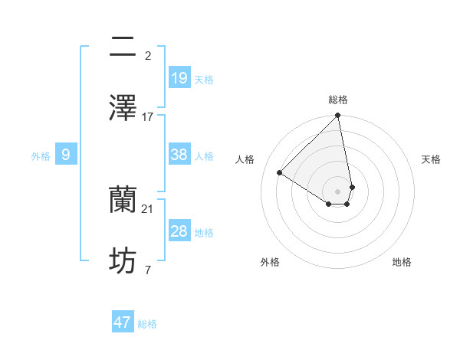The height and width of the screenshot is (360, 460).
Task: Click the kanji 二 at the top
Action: pyautogui.click(x=123, y=47)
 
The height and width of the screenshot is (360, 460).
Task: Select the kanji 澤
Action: pyautogui.click(x=123, y=108)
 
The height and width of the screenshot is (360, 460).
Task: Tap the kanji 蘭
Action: pyautogui.click(x=123, y=200)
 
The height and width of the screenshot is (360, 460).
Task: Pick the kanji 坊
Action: pyautogui.click(x=123, y=261)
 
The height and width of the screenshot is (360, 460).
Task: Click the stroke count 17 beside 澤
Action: pyautogui.click(x=148, y=116)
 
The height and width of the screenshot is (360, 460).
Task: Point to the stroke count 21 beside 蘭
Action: pyautogui.click(x=148, y=208)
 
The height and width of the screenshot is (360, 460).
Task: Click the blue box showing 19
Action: pyautogui.click(x=179, y=77)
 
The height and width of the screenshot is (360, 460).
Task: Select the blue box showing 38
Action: pyautogui.click(x=179, y=155)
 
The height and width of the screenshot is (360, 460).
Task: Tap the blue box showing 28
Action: pyautogui.click(x=179, y=231)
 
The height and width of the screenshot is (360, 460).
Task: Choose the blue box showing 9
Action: pyautogui.click(x=66, y=155)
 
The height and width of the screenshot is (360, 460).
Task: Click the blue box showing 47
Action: pyautogui.click(x=123, y=322)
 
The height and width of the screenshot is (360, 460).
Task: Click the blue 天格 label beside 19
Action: pyautogui.click(x=204, y=79)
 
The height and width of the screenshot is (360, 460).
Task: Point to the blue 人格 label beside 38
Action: pyautogui.click(x=204, y=156)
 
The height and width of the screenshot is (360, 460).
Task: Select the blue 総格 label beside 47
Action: pyautogui.click(x=147, y=324)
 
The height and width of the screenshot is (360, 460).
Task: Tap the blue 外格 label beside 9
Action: pyautogui.click(x=41, y=156)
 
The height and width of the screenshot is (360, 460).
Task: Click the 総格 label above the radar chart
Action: pyautogui.click(x=338, y=100)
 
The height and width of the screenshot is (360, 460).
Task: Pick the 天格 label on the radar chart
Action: pyautogui.click(x=432, y=159)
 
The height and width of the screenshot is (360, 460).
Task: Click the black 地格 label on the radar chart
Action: pyautogui.click(x=402, y=262)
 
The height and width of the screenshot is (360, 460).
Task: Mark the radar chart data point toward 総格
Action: pyautogui.click(x=337, y=116)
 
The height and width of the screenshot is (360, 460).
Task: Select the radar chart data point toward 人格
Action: pyautogui.click(x=280, y=172)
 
